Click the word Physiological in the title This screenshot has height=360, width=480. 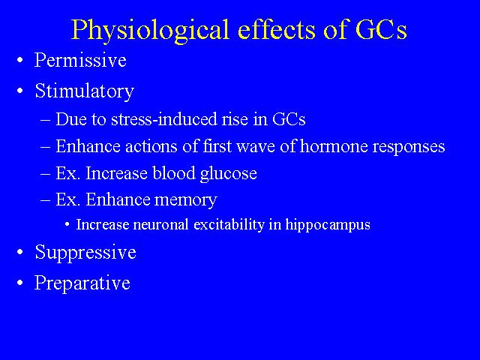pyautogui.click(x=150, y=30)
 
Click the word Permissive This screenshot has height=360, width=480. pyautogui.click(x=80, y=60)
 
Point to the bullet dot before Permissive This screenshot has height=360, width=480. pyautogui.click(x=20, y=60)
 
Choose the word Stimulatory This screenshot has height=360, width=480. pyautogui.click(x=85, y=91)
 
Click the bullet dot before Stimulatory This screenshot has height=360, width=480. pyautogui.click(x=20, y=91)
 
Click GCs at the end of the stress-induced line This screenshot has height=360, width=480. pyautogui.click(x=289, y=119)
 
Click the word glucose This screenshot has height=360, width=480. pyautogui.click(x=228, y=174)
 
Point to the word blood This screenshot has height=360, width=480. pyautogui.click(x=173, y=173)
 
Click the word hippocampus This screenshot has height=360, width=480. pyautogui.click(x=328, y=225)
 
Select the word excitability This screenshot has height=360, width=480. pyautogui.click(x=229, y=225)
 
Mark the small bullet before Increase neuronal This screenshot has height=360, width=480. pyautogui.click(x=67, y=225)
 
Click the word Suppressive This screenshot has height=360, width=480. pyautogui.click(x=85, y=253)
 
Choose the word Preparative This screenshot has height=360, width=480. pyautogui.click(x=82, y=283)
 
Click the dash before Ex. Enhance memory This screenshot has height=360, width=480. pyautogui.click(x=45, y=200)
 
